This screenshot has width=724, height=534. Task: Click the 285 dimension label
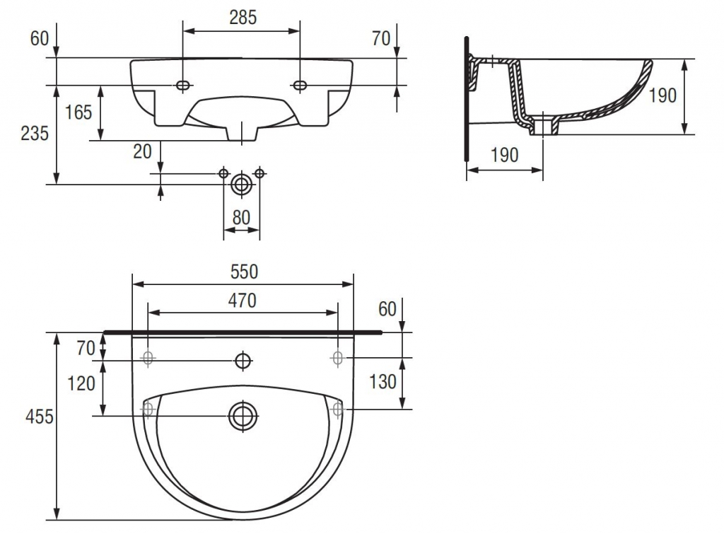tap(243, 18)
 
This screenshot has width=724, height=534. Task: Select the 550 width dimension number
tap(244, 272)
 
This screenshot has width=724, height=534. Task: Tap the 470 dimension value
tap(243, 301)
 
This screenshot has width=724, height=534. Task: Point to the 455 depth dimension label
tap(40, 417)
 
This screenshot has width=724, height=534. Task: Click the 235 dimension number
tap(35, 134)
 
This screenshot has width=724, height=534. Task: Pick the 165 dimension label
tap(78, 112)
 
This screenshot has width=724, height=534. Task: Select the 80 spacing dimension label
tap(241, 218)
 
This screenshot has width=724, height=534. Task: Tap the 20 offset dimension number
tap(142, 151)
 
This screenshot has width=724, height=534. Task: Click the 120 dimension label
tap(81, 383)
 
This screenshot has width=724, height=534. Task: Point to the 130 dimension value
tap(383, 382)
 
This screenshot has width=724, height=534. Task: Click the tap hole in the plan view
tap(243, 360)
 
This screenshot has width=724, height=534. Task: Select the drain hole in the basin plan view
tap(243, 416)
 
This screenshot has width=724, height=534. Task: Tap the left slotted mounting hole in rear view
tap(183, 85)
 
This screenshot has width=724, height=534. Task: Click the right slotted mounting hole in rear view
tap(300, 85)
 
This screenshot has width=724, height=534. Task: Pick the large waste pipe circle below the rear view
tap(242, 185)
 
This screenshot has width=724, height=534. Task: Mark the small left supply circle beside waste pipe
tap(223, 173)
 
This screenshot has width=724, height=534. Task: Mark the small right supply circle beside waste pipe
tap(259, 173)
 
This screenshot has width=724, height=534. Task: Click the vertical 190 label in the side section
tap(662, 95)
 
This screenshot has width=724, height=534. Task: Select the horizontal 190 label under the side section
tap(505, 155)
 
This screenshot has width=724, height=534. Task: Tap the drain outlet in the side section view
tap(544, 125)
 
